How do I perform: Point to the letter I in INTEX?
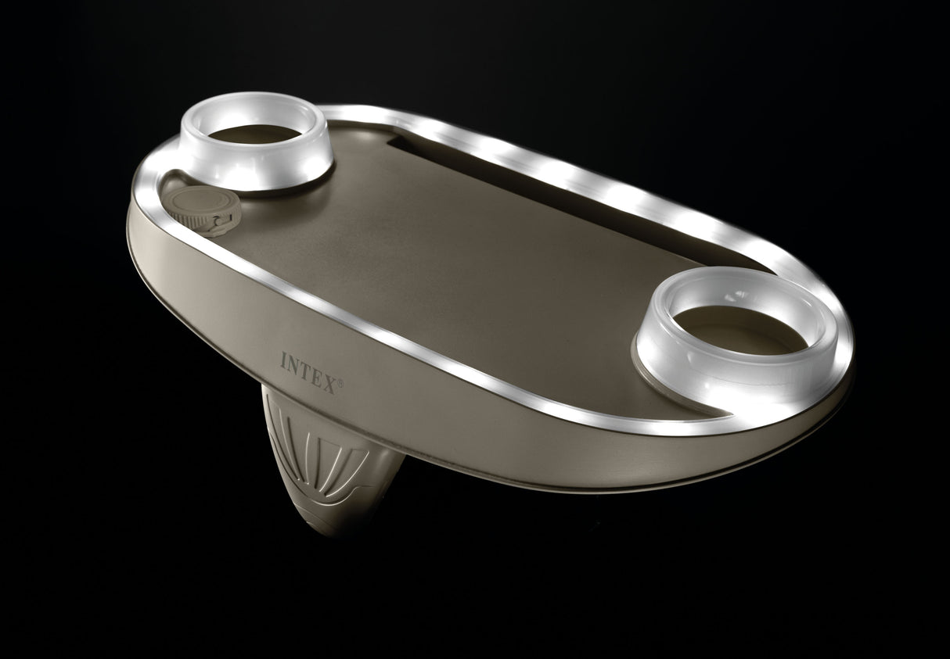[x=284, y=359]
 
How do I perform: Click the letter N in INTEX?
[x=294, y=364]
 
